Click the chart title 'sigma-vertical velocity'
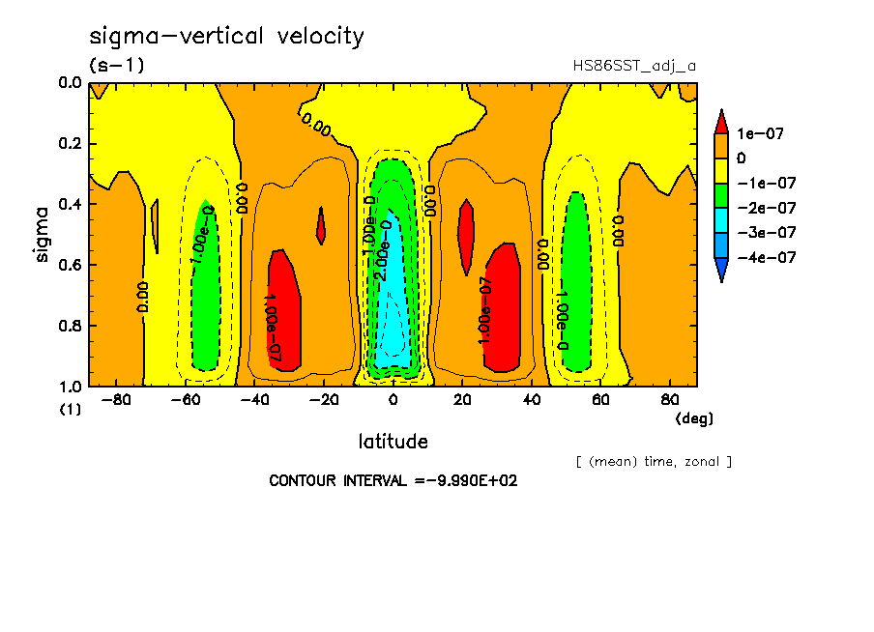[226, 37]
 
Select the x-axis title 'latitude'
[393, 442]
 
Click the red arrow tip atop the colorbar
[720, 120]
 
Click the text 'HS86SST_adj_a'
[634, 66]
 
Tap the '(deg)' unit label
[693, 418]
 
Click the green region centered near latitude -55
[204, 290]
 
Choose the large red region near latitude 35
[503, 309]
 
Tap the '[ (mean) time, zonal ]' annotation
[654, 462]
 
